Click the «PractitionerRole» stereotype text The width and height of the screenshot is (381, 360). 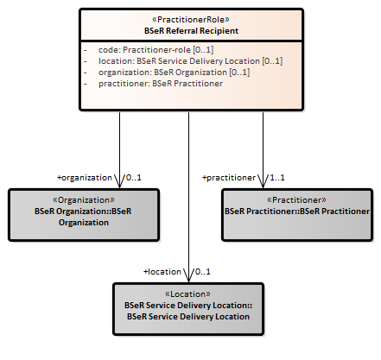(191, 20)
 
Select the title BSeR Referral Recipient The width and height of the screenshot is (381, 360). (191, 31)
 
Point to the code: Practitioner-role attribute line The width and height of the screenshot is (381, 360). (156, 50)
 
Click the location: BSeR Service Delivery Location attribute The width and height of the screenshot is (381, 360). (190, 61)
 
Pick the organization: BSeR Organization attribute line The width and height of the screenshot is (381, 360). (174, 73)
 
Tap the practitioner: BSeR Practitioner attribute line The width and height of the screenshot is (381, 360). (161, 84)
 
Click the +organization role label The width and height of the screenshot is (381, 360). (85, 178)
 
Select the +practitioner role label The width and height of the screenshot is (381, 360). (229, 178)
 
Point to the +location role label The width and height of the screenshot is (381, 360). (162, 272)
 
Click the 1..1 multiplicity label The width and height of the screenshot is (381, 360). (277, 178)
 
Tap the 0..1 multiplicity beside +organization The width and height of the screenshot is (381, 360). (134, 178)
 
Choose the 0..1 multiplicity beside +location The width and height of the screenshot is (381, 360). (203, 272)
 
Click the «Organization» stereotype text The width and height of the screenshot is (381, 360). (84, 200)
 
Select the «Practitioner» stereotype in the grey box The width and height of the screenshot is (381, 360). (296, 200)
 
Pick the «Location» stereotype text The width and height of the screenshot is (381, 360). (187, 294)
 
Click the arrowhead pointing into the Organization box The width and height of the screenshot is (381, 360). (119, 181)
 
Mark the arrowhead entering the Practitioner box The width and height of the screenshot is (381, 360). (263, 181)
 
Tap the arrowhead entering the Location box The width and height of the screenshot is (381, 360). (188, 275)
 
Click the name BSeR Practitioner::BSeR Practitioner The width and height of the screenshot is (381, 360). (297, 212)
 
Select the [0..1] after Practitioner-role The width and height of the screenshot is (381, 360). (203, 50)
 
